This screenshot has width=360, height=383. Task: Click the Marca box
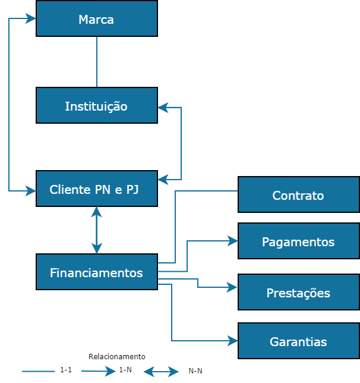pyautogui.click(x=96, y=19)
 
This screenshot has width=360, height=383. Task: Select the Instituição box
pyautogui.click(x=96, y=106)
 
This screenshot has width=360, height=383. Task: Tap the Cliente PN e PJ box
pyautogui.click(x=96, y=189)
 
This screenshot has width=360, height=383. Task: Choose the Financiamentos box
pyautogui.click(x=96, y=272)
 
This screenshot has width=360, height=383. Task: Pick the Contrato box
pyautogui.click(x=298, y=194)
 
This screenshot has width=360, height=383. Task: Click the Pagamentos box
pyautogui.click(x=298, y=241)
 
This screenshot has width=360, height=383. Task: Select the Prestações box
pyautogui.click(x=298, y=293)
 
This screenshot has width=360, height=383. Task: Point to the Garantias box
pyautogui.click(x=298, y=341)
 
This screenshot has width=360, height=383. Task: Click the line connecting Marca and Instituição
pyautogui.click(x=96, y=62)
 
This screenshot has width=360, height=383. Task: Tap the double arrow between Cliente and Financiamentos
pyautogui.click(x=96, y=230)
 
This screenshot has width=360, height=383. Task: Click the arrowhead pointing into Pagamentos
pyautogui.click(x=232, y=241)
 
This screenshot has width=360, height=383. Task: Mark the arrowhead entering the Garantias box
pyautogui.click(x=232, y=341)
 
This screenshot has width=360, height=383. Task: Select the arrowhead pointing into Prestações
pyautogui.click(x=232, y=287)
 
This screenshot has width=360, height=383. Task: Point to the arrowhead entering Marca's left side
pyautogui.click(x=31, y=18)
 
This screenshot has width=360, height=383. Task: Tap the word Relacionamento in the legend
pyautogui.click(x=116, y=357)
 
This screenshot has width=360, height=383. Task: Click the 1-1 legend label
pyautogui.click(x=66, y=370)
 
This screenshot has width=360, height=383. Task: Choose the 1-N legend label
pyautogui.click(x=125, y=370)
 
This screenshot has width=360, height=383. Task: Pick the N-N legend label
pyautogui.click(x=195, y=371)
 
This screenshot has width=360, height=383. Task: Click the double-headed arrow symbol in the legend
pyautogui.click(x=161, y=372)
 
